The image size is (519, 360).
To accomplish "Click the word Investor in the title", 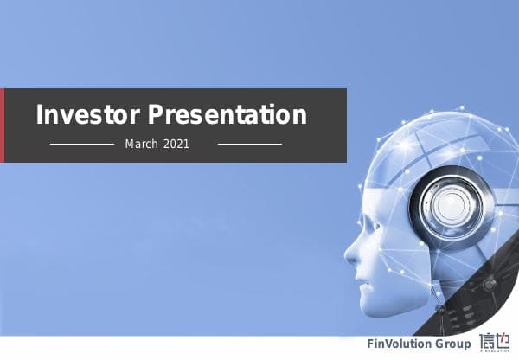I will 87,115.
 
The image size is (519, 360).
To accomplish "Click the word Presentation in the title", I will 227,115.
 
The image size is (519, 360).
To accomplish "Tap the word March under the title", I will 141,144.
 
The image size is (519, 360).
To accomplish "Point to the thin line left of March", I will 82,144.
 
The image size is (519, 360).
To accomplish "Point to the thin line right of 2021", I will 249,144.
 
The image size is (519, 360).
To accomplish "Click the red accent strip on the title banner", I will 3,125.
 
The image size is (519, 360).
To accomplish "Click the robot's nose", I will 350,254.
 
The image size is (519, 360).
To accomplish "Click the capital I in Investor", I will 40,115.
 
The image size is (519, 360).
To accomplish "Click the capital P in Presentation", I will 154,115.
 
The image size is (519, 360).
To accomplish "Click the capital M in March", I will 130,144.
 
